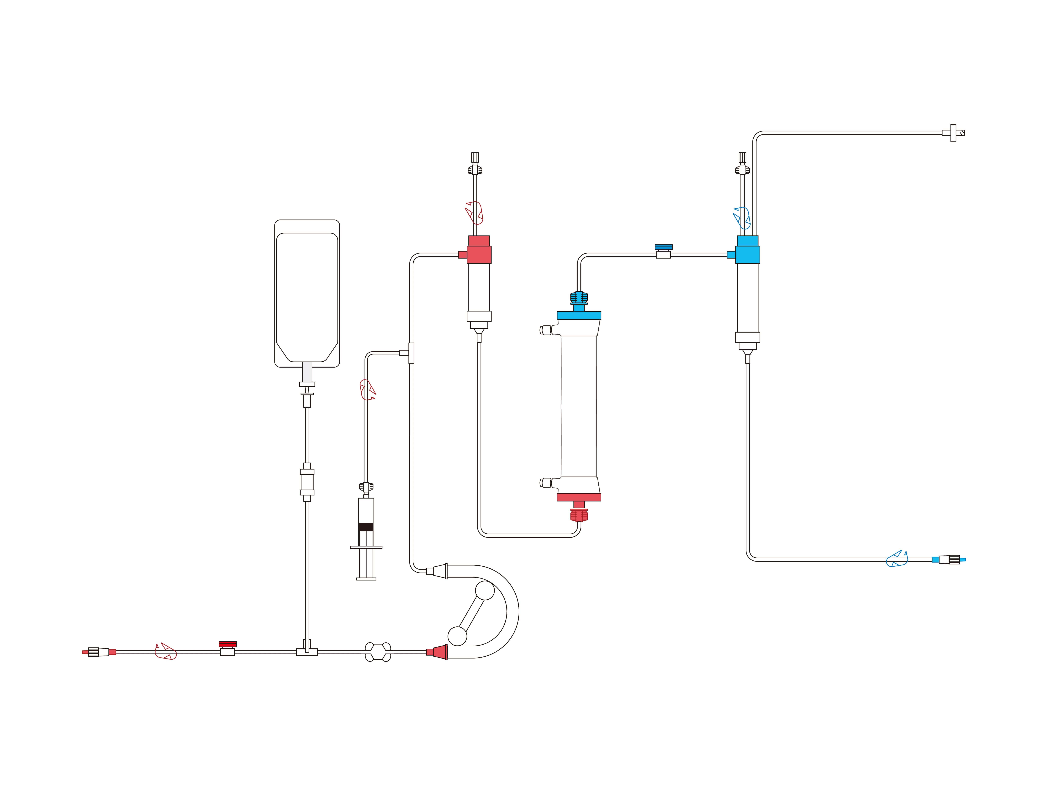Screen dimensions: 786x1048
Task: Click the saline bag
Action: pos(307,294)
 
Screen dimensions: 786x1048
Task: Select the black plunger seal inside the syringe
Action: pos(366,527)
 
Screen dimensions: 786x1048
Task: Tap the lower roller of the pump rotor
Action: pos(457,636)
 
